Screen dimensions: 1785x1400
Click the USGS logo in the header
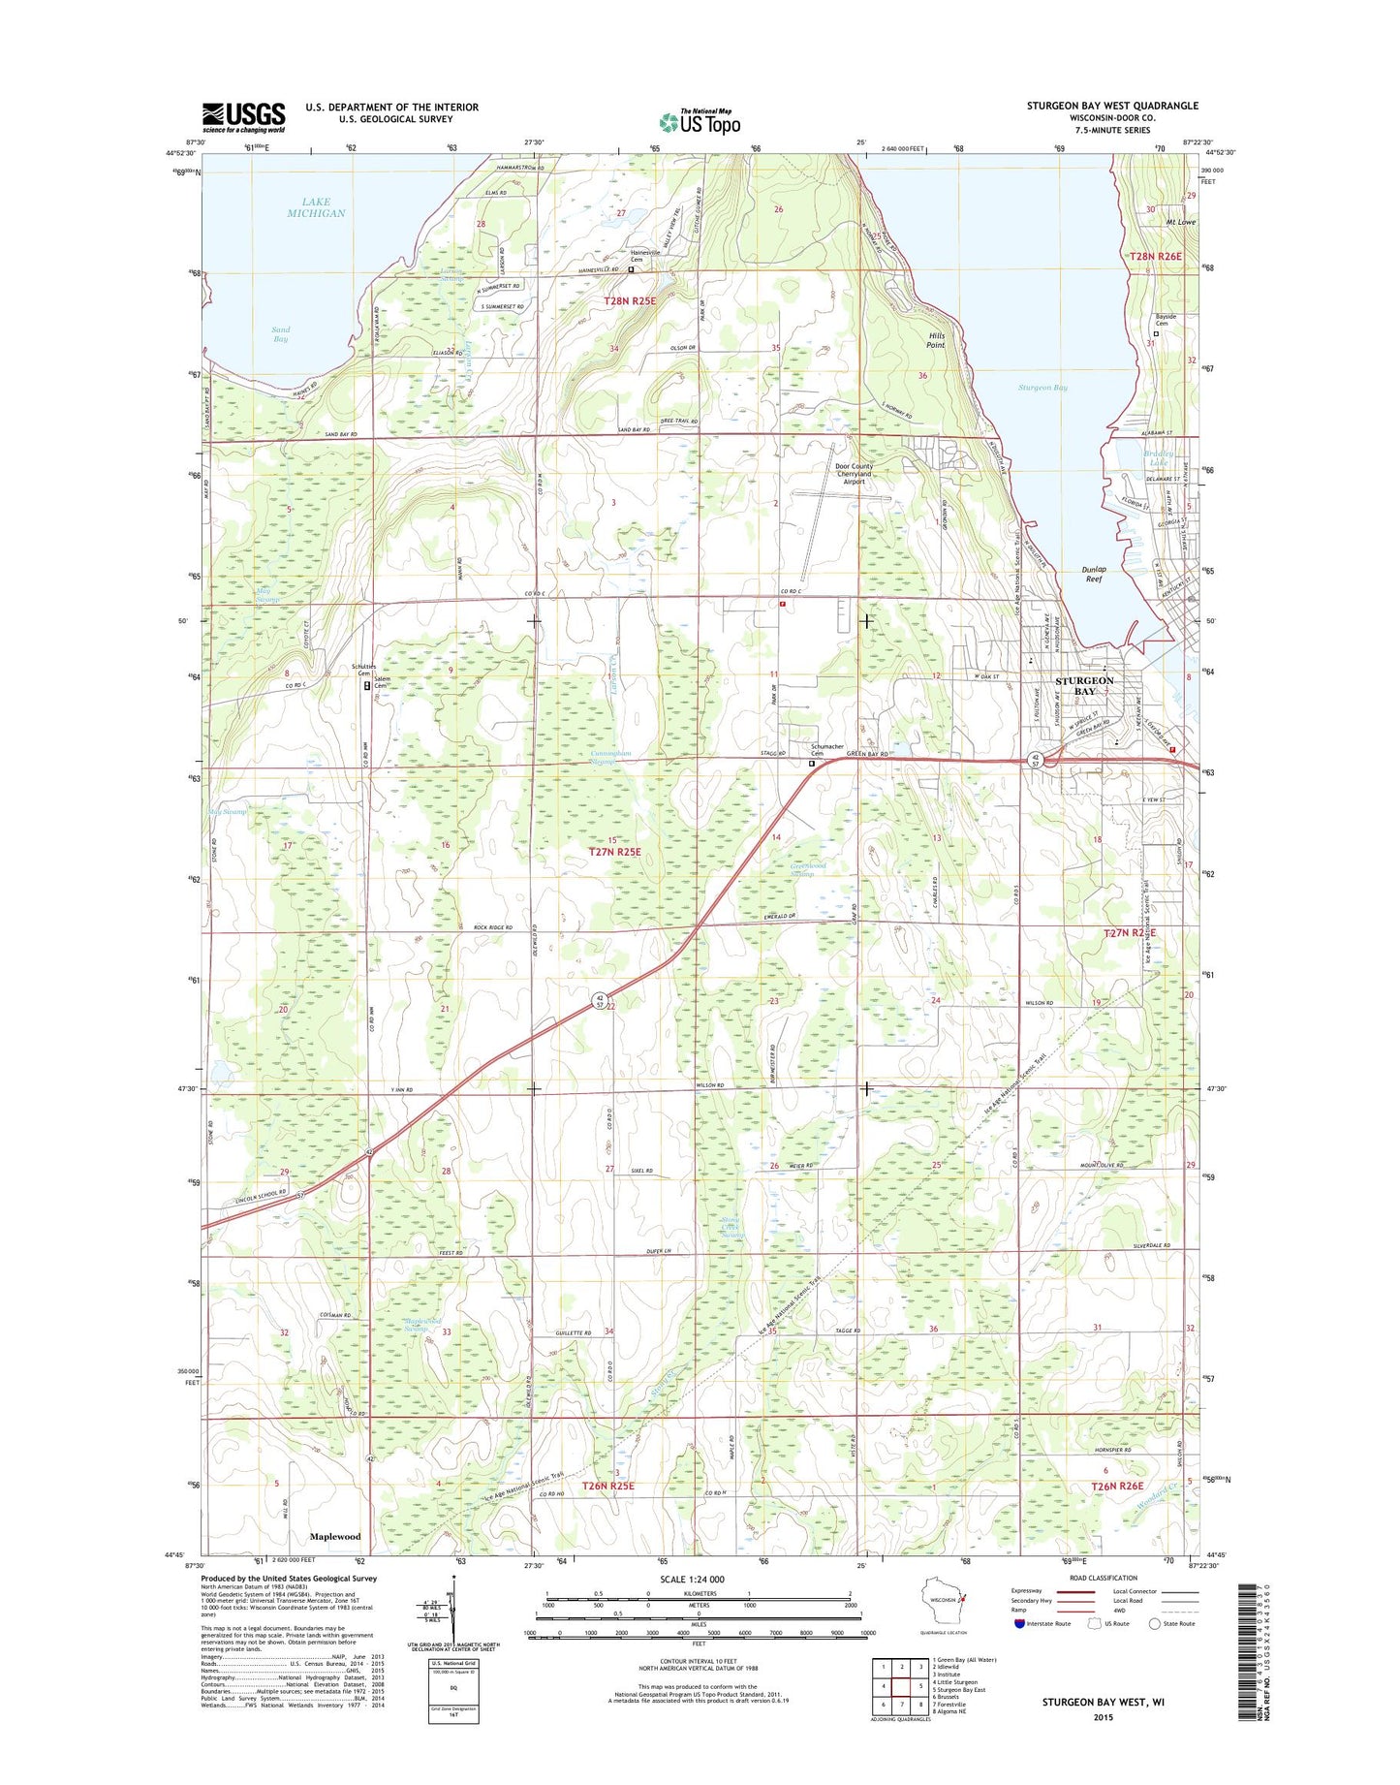(243, 116)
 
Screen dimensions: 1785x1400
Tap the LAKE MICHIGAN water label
(316, 207)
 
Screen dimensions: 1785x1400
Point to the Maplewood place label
(334, 1536)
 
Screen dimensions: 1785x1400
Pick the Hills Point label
(935, 339)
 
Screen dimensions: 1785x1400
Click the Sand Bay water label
(280, 334)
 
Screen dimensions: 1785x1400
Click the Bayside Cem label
(1165, 321)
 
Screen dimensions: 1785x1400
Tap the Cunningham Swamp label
(611, 757)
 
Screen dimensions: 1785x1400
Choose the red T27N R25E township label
(614, 851)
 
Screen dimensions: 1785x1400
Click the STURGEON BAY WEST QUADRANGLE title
(1112, 106)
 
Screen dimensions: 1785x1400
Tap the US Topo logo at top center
(700, 121)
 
